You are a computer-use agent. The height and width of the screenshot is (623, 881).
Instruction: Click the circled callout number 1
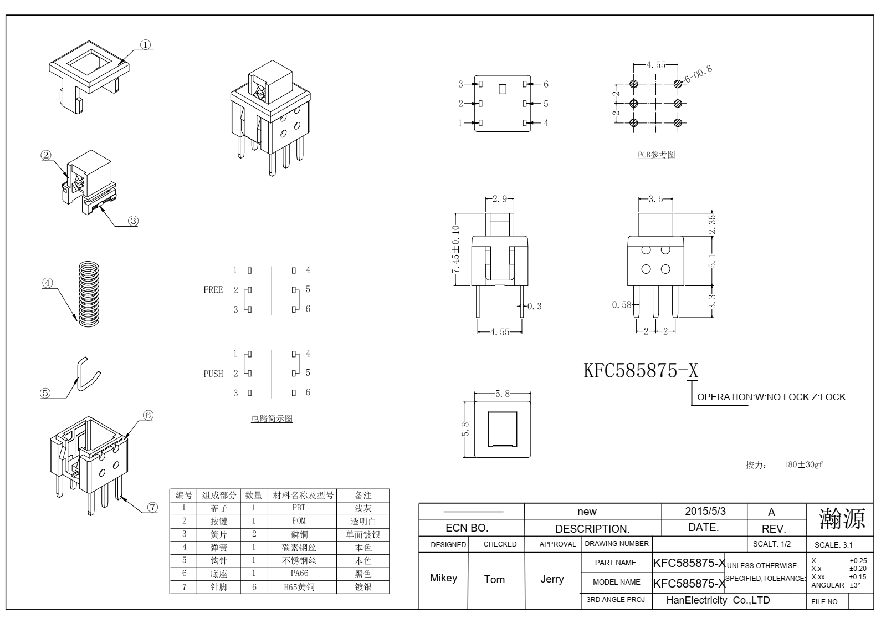coord(145,44)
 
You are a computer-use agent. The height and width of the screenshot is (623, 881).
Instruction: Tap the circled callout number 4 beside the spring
coord(47,283)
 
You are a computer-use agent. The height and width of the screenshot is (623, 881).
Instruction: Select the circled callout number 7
coord(152,508)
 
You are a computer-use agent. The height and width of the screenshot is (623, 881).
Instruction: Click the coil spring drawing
coord(89,294)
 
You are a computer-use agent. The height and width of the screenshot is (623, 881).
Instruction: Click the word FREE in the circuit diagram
coord(213,290)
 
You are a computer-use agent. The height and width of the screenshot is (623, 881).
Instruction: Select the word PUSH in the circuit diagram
coord(213,374)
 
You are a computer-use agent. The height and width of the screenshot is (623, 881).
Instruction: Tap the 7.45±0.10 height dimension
coord(455,249)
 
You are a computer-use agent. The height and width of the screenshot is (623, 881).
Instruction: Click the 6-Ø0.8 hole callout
coord(699,74)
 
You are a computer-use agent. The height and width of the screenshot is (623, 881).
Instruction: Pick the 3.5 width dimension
coord(655,199)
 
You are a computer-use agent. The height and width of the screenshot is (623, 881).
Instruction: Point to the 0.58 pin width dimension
coord(622,305)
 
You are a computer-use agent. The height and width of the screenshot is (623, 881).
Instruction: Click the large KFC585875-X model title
coord(641,370)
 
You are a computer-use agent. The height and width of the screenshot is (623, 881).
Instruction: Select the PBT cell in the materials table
coord(299,508)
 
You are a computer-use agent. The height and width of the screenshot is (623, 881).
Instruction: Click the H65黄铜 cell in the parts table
coord(299,587)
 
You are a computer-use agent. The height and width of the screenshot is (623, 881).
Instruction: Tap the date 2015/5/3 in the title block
coord(705,511)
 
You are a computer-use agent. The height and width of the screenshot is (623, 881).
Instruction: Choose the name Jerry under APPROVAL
coord(552,579)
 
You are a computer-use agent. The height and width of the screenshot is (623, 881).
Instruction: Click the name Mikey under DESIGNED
coord(444,578)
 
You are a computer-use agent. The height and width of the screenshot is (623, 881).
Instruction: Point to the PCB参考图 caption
coord(657,155)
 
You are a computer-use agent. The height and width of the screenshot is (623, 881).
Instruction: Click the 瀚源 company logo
coord(842,519)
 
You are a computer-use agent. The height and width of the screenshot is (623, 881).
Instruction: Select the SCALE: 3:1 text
coord(833,545)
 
